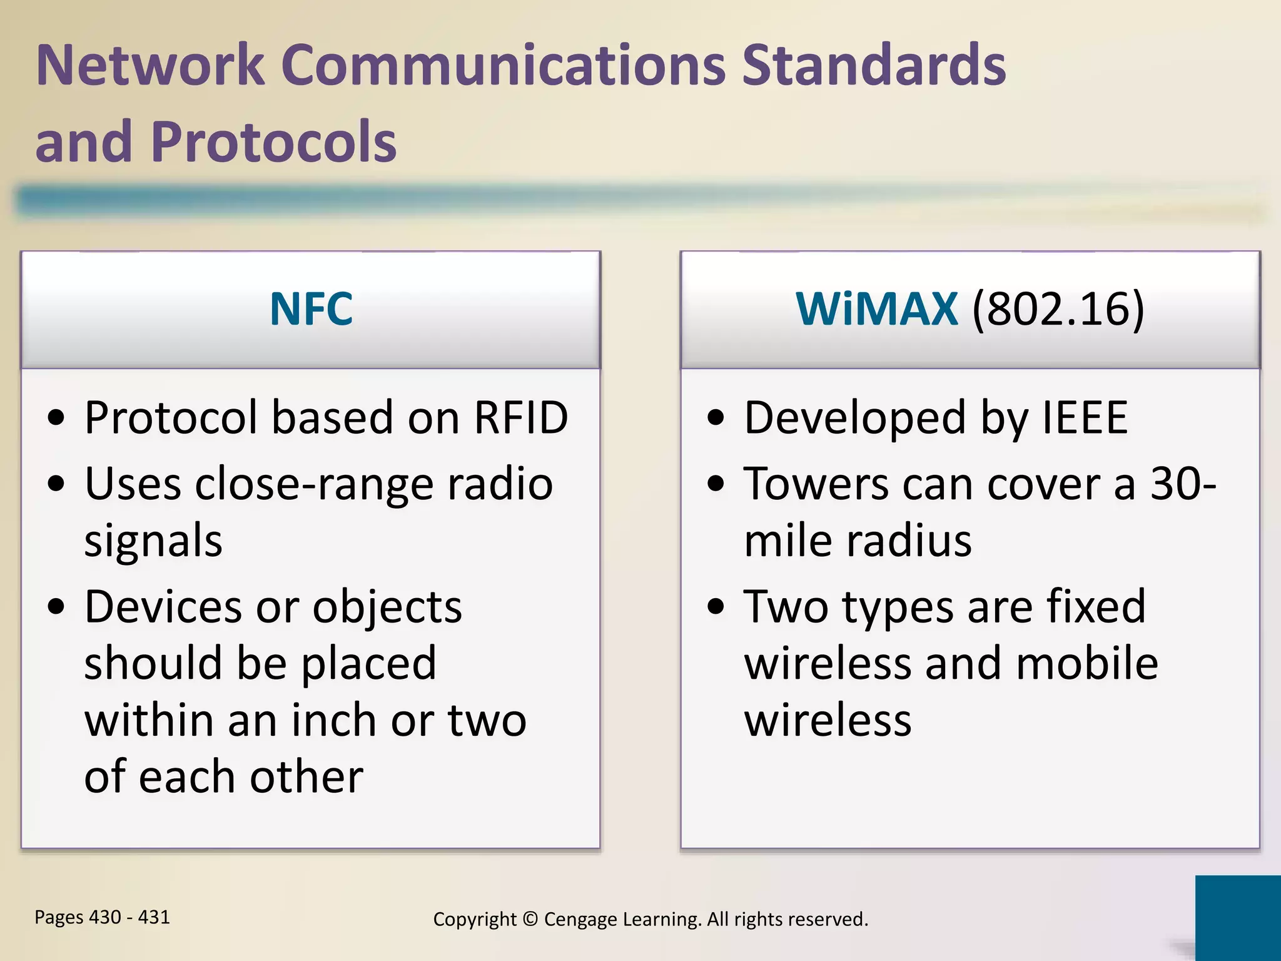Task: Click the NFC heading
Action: (311, 309)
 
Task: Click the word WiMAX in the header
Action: (876, 309)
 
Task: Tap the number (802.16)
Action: (1058, 309)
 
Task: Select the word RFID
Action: (521, 417)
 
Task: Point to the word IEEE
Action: (1085, 417)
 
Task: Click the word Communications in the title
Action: (504, 66)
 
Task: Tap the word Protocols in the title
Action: (273, 142)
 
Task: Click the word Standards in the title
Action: (874, 66)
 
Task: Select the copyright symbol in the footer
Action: (530, 919)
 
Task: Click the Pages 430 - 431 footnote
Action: (102, 917)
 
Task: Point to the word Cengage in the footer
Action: (579, 920)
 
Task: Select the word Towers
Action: (816, 484)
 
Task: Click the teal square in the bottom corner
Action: (1237, 917)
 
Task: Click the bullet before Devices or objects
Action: (56, 606)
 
